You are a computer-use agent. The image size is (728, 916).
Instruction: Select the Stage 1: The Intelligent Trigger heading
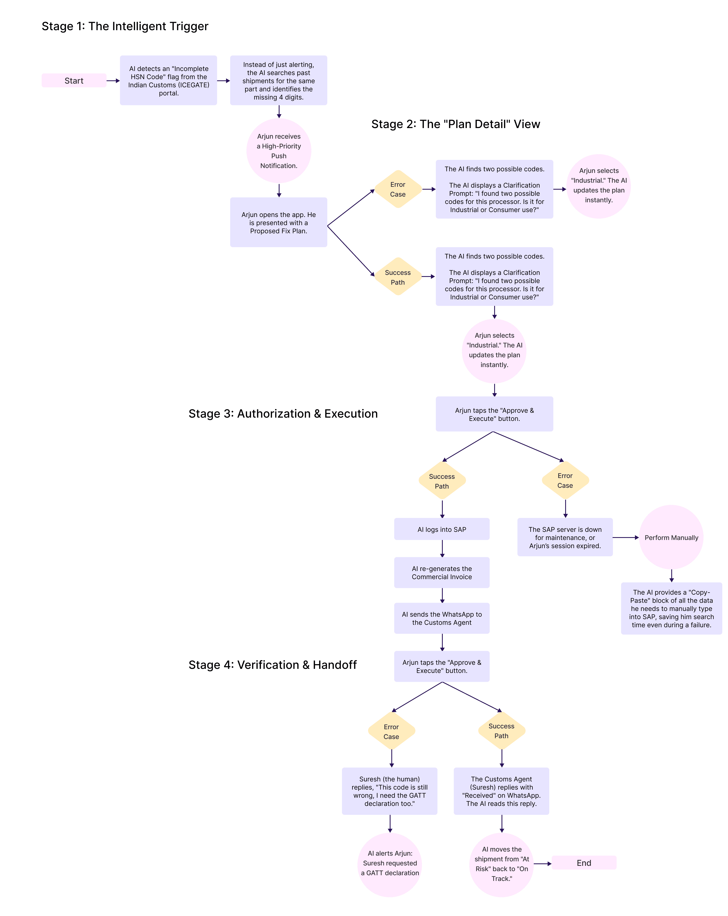125,26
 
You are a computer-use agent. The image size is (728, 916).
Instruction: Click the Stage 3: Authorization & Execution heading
283,414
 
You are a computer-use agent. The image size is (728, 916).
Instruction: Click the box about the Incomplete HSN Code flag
168,80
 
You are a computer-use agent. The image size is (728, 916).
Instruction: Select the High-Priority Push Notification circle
279,151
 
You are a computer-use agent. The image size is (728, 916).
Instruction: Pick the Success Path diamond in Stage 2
398,277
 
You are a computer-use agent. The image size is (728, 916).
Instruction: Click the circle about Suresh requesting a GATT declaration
390,863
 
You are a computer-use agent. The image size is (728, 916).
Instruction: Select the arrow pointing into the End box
543,864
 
